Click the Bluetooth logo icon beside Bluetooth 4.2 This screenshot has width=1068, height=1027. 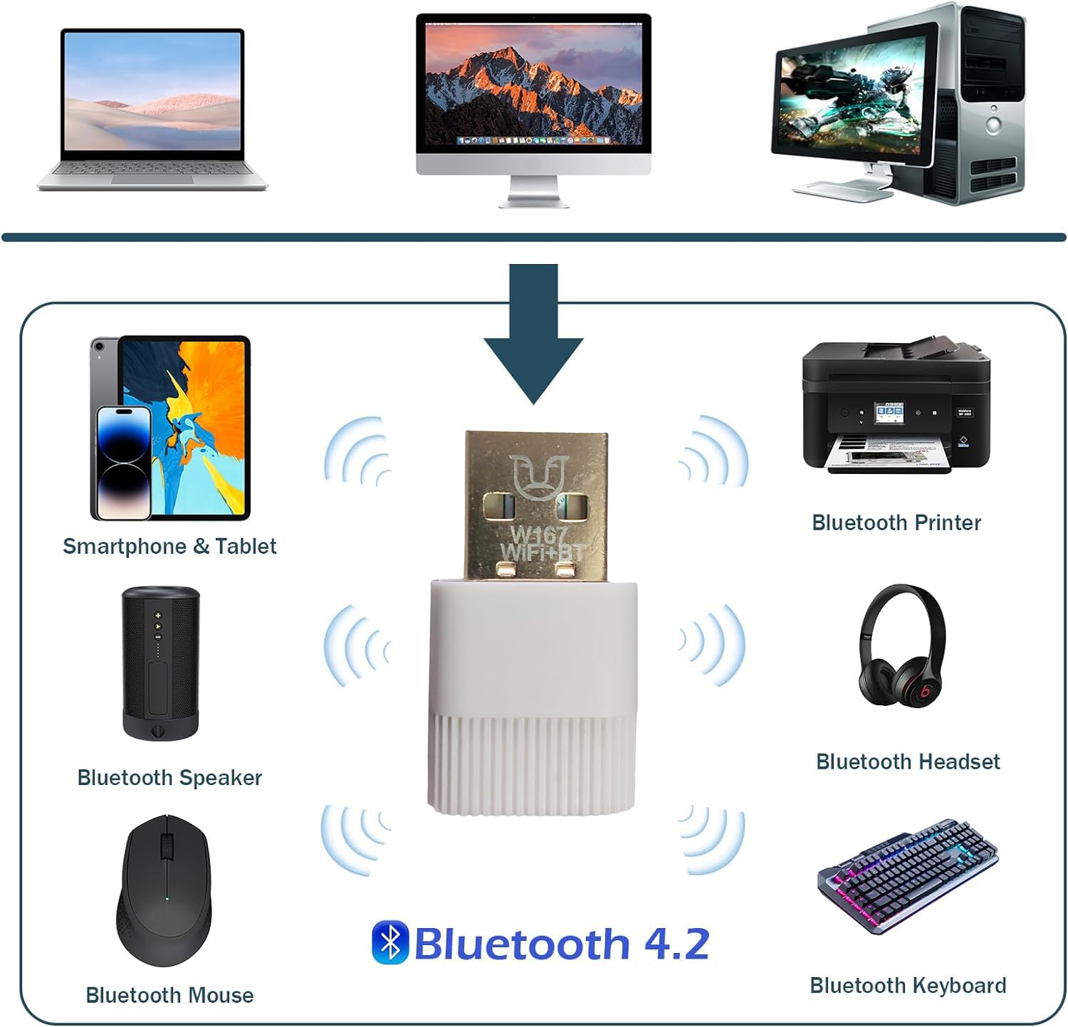point(390,942)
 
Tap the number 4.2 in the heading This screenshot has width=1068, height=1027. point(676,944)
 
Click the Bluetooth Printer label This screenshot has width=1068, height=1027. point(896,522)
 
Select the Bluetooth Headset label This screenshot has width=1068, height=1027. point(907,762)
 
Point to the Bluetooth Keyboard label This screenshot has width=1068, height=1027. point(908,985)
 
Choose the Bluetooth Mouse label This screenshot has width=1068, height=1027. point(169,994)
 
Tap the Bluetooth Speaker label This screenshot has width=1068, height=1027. point(169,777)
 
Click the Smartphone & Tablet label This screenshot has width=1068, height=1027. point(169,546)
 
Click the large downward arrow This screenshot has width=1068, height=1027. point(533,335)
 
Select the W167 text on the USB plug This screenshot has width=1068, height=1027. point(538,533)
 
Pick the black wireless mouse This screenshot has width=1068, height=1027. point(164,891)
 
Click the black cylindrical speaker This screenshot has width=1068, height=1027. point(160,662)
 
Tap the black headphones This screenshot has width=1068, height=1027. point(901,655)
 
